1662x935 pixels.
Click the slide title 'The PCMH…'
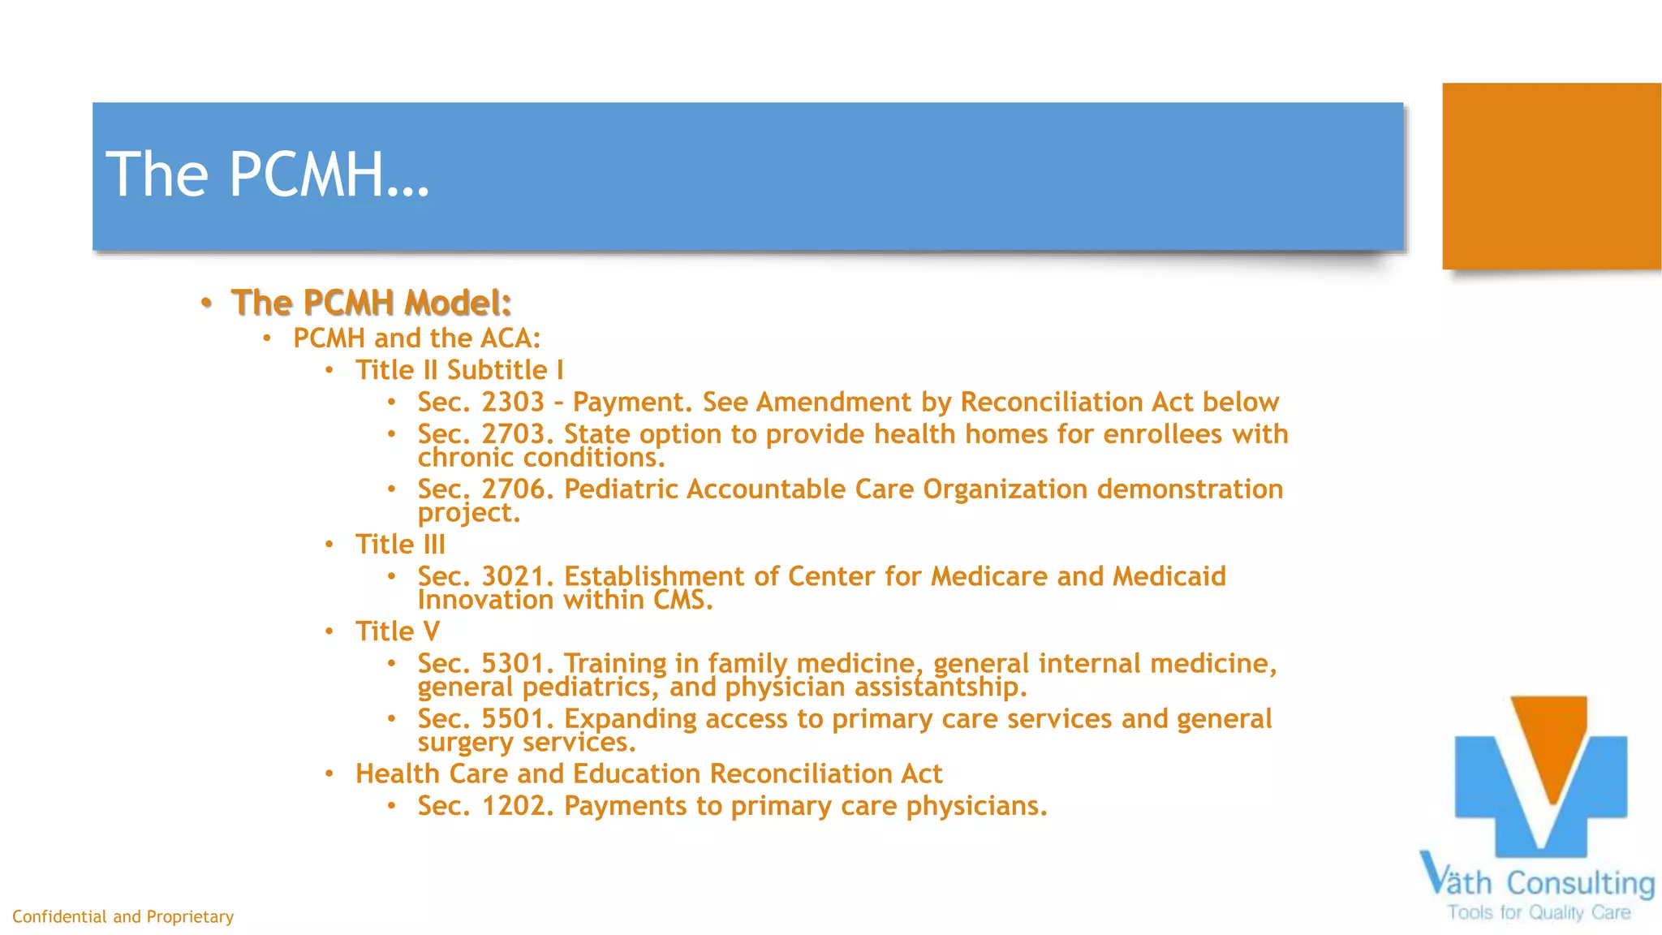tap(268, 175)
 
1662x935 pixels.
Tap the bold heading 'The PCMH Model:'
tap(371, 303)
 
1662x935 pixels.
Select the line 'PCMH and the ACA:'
tap(416, 338)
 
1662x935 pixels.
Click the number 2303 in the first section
tap(513, 403)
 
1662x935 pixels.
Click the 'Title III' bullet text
tap(400, 545)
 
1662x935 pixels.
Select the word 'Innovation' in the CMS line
tap(485, 601)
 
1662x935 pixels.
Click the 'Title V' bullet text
tap(398, 631)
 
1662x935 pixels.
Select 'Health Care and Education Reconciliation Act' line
tap(648, 774)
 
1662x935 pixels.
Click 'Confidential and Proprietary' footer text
tap(123, 917)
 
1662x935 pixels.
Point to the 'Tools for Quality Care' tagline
tap(1539, 913)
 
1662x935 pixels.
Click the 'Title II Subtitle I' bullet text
tap(459, 371)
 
